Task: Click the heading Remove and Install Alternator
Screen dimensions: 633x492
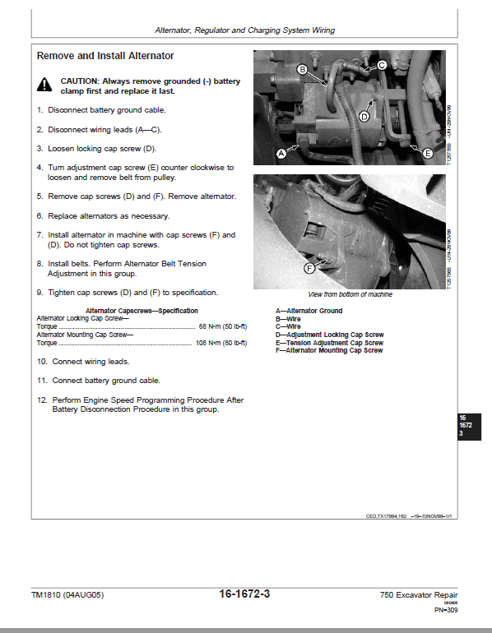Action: click(105, 56)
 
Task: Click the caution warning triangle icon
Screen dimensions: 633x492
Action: click(44, 84)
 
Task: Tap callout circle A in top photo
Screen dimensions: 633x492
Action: click(281, 153)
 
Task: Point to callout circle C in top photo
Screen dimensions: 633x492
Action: click(382, 64)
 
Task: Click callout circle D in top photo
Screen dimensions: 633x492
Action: click(364, 117)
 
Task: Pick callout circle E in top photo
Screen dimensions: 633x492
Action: click(427, 153)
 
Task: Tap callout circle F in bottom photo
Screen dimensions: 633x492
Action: click(309, 268)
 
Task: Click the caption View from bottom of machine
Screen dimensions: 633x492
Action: click(350, 294)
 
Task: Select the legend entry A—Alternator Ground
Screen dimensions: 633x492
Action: click(309, 311)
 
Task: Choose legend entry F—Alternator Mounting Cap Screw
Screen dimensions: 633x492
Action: click(329, 350)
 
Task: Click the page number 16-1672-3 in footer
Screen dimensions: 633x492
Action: click(245, 594)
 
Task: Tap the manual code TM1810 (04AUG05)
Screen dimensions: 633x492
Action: click(67, 595)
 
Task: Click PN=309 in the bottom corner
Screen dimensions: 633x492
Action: click(446, 610)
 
